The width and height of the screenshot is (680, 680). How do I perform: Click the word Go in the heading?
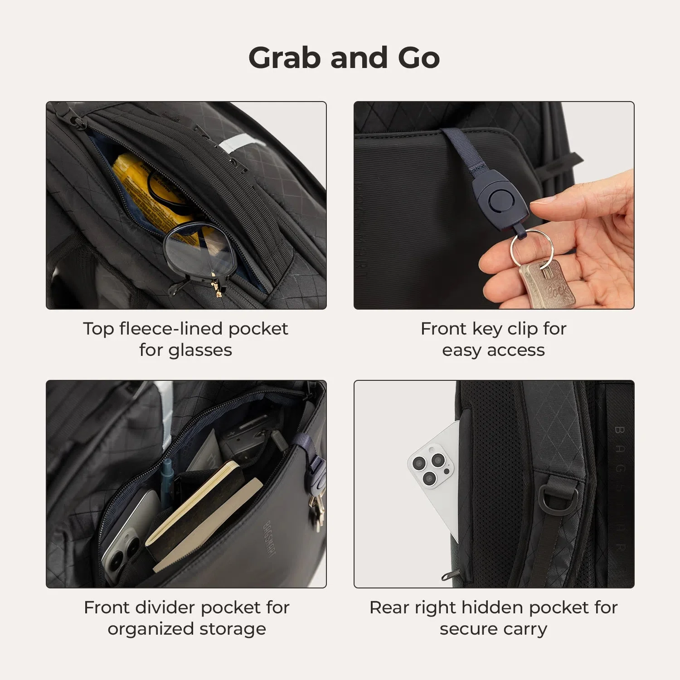click(x=418, y=58)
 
